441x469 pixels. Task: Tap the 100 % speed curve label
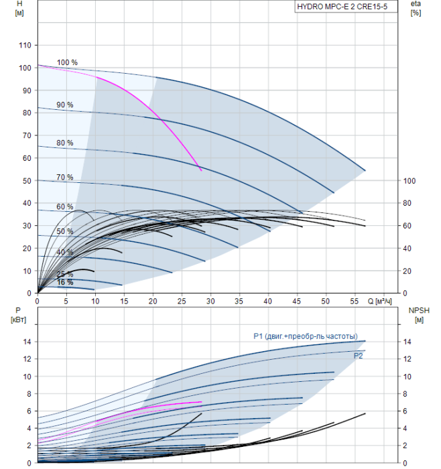coord(67,62)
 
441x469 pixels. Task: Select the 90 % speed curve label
coord(65,105)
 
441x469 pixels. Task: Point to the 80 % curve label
coord(65,143)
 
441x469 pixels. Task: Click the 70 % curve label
coord(65,177)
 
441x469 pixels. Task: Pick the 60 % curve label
coord(65,206)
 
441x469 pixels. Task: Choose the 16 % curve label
coord(65,282)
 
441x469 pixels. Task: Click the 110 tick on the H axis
coord(25,45)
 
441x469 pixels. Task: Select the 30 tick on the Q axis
coord(210,301)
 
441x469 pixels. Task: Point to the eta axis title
coord(416,4)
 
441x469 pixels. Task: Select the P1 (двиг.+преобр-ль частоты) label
coord(305,336)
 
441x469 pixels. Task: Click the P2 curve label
coord(359,356)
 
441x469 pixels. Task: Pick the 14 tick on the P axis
coord(27,342)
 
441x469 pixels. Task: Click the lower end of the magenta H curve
coord(201,170)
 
